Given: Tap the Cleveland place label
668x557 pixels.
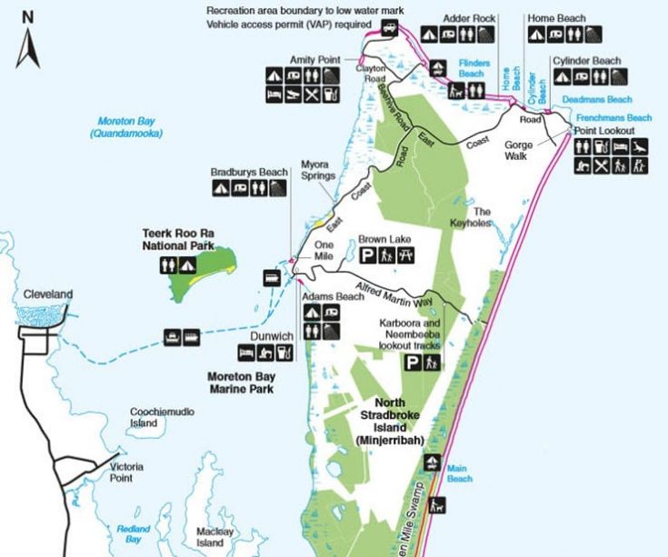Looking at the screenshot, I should point(49,294).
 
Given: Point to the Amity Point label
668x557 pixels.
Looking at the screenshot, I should point(314,59).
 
